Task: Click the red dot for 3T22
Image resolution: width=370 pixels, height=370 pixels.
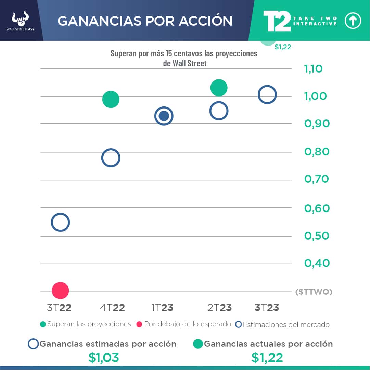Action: click(x=60, y=291)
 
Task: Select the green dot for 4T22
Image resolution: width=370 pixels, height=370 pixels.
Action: click(x=111, y=100)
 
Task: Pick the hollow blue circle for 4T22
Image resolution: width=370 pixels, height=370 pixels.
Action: click(x=111, y=158)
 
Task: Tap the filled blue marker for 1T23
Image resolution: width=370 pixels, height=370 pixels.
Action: click(x=164, y=116)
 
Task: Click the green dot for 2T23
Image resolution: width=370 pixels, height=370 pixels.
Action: click(x=219, y=88)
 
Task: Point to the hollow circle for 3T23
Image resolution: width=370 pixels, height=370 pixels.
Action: click(x=267, y=94)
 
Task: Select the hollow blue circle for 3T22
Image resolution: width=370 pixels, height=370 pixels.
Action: click(x=60, y=222)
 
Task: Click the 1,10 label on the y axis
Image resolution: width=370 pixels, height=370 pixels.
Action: click(x=313, y=69)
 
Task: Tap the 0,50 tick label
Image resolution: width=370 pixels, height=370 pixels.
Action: click(x=317, y=236)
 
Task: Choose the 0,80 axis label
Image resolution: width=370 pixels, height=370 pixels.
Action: click(x=317, y=151)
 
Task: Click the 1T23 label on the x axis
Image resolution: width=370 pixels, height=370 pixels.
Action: click(x=162, y=308)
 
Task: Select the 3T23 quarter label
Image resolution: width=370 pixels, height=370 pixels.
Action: click(x=267, y=308)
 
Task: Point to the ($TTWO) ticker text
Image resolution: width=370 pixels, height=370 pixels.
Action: click(x=314, y=292)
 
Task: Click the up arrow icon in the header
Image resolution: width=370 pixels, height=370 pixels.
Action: click(x=353, y=21)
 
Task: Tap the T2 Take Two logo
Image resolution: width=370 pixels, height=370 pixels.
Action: click(x=277, y=21)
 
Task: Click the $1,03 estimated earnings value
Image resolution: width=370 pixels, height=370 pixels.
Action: click(x=104, y=358)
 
